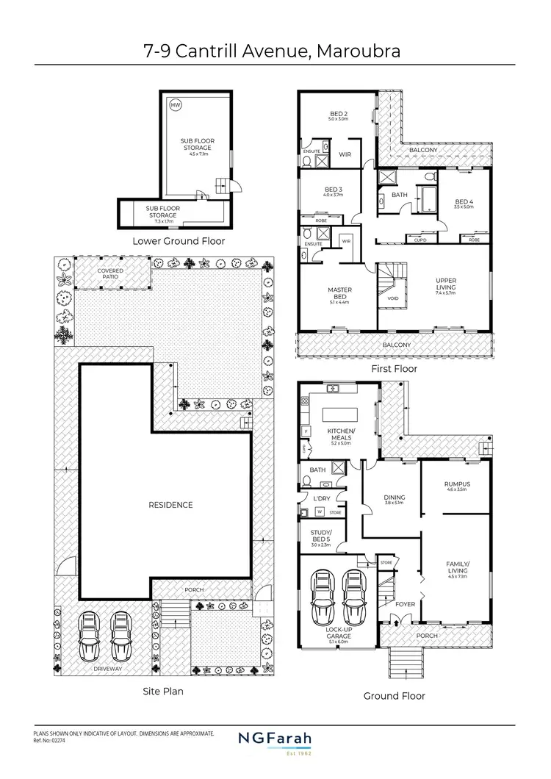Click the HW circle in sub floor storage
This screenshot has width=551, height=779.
coord(175,105)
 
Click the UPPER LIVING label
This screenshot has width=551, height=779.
coord(446,284)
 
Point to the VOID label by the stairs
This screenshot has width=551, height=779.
coord(392,298)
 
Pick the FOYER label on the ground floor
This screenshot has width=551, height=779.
coord(405,605)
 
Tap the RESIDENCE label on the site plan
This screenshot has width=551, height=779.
coord(170,505)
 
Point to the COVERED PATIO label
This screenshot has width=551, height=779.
coord(111,273)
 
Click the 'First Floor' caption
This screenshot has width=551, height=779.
coord(394,368)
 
